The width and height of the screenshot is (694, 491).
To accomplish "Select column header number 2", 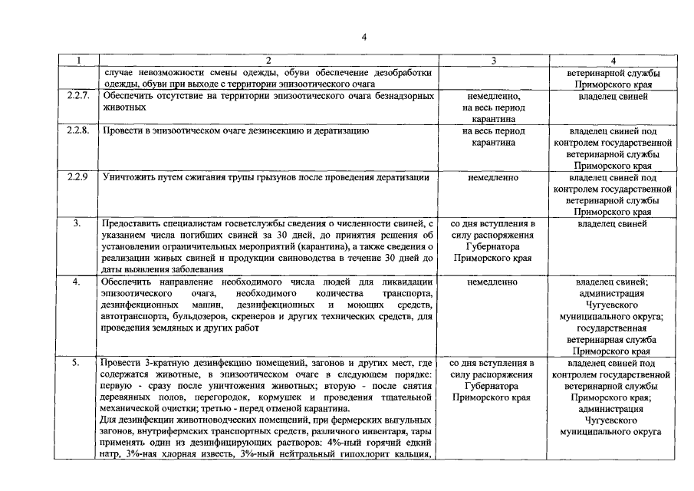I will (x=268, y=61).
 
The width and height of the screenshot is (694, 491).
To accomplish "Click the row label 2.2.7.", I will (x=78, y=96).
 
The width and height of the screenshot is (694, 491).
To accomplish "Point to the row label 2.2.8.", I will (x=78, y=131).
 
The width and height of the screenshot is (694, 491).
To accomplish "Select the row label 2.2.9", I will (x=77, y=177).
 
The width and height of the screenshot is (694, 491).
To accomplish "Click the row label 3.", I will (x=77, y=223).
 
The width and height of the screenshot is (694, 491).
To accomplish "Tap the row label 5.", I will (x=77, y=362).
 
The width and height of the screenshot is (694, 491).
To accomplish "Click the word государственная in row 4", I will (x=611, y=328).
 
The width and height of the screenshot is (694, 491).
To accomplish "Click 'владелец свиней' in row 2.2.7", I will (x=611, y=96).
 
